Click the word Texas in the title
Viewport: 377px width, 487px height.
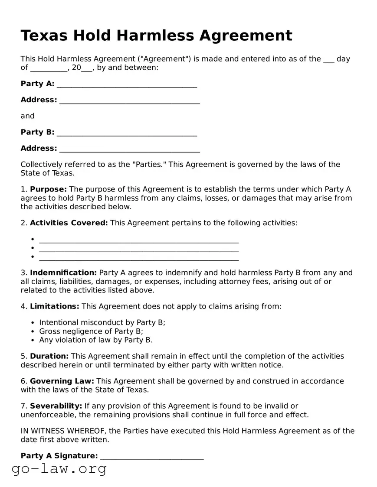click(x=44, y=35)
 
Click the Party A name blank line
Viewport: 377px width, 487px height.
click(x=127, y=86)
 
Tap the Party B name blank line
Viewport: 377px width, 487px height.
click(x=127, y=134)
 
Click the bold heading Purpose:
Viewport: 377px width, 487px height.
click(x=48, y=189)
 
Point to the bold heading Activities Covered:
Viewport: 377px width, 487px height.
click(x=69, y=223)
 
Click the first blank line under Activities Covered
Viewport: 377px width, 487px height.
click(x=139, y=241)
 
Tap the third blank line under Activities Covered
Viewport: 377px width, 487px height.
click(x=139, y=259)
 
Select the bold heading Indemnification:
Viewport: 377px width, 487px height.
click(x=63, y=273)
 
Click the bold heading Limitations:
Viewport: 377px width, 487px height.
click(x=55, y=306)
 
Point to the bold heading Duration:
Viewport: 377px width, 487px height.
click(x=49, y=356)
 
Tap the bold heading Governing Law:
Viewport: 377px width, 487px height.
click(x=62, y=381)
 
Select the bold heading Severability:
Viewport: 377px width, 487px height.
click(x=56, y=406)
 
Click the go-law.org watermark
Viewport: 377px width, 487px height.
click(x=59, y=469)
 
